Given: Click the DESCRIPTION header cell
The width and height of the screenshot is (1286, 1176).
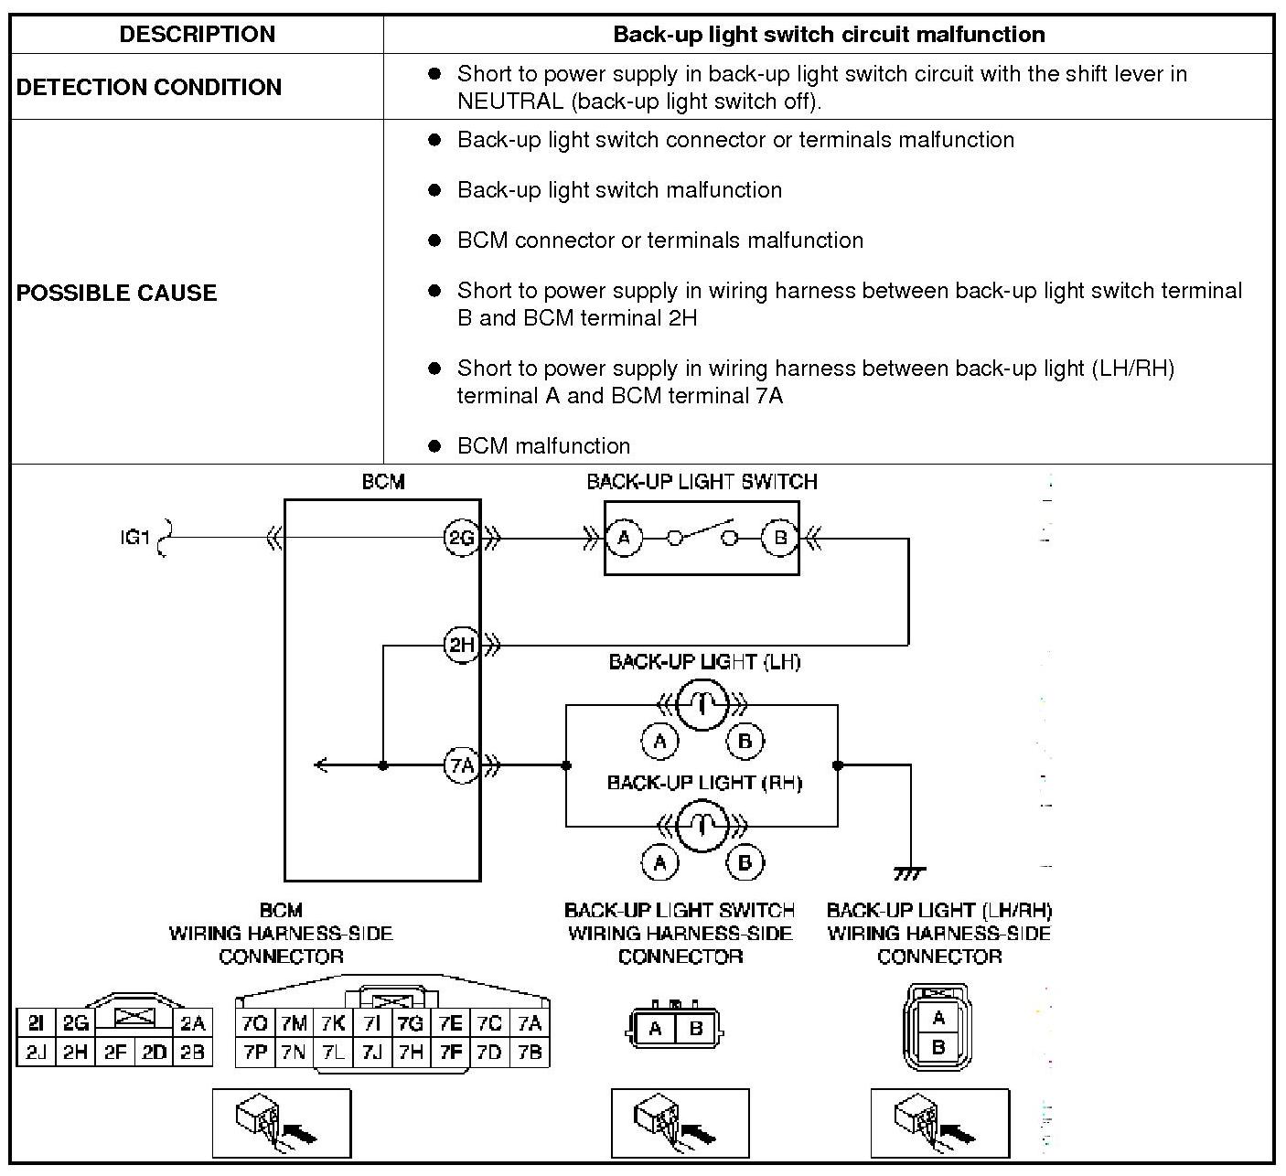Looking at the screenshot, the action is [x=197, y=34].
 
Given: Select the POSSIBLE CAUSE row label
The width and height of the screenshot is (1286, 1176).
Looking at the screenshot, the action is [x=117, y=293].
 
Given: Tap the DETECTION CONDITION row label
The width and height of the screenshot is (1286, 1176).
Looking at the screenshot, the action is [x=149, y=87].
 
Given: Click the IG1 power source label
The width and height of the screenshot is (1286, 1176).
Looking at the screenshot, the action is [x=134, y=537].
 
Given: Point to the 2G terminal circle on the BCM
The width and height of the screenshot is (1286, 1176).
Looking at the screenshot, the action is [x=462, y=538].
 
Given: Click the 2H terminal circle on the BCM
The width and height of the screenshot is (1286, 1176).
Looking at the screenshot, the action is [x=462, y=645].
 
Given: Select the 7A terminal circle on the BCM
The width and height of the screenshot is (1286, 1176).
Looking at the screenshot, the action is [x=462, y=765].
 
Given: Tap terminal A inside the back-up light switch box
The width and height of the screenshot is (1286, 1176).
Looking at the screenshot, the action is [x=624, y=538].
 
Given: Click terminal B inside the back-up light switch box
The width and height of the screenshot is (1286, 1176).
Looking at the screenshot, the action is [x=779, y=538].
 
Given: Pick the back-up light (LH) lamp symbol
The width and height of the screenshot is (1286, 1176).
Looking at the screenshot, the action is [x=702, y=705].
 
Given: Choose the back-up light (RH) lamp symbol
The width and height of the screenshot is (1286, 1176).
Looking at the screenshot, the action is [x=702, y=826].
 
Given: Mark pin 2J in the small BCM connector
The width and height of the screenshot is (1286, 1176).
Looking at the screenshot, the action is [x=36, y=1053].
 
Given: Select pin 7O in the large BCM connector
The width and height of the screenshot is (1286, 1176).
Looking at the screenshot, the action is [x=255, y=1023].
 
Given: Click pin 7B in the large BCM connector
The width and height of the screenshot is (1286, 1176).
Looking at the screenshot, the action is [x=530, y=1053].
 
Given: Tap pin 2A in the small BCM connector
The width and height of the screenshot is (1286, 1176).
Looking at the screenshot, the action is [x=192, y=1023].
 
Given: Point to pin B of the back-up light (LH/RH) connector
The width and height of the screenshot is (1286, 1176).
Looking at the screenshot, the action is [x=938, y=1047].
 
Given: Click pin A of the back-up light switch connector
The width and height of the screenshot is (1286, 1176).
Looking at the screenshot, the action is [x=655, y=1029].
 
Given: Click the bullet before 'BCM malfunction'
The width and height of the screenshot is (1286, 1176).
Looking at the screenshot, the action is [x=434, y=446].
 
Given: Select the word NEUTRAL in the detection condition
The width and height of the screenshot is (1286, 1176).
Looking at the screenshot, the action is [x=510, y=102].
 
